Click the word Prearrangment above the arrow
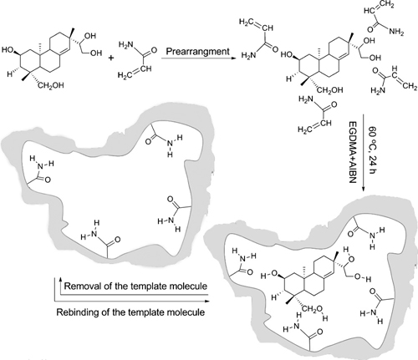198,52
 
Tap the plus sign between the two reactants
111,58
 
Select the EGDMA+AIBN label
353,152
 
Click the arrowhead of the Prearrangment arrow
234,58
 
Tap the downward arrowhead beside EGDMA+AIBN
363,189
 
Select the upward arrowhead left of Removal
60,279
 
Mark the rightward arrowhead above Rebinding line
206,301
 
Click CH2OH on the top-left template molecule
50,85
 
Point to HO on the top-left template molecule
8,50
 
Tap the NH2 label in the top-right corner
396,32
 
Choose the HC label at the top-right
370,10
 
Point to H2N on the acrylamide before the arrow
126,45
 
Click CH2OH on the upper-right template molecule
329,90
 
